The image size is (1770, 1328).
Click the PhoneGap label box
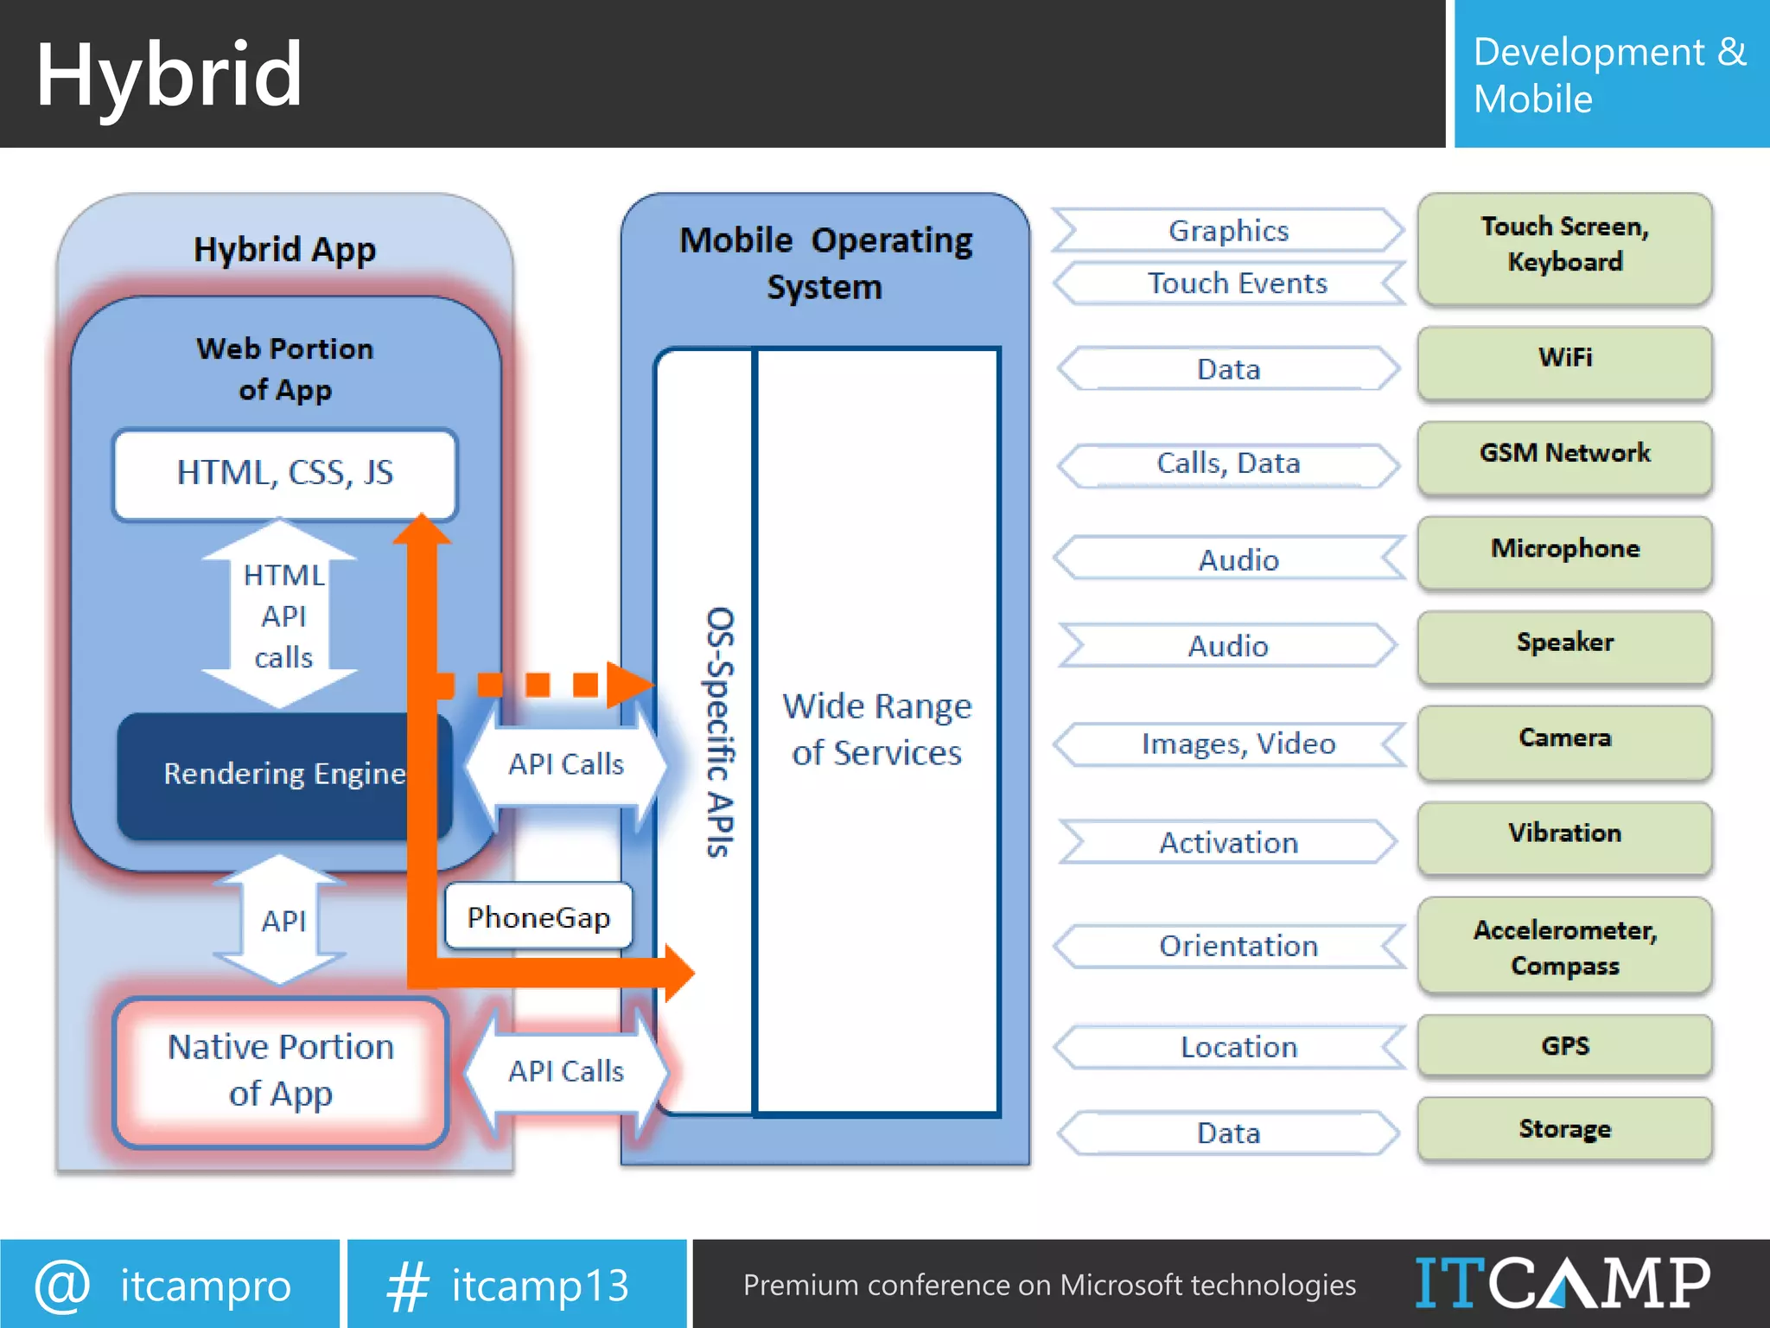coord(538,917)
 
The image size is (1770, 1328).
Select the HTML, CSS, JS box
coord(284,473)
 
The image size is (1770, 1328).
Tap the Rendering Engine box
coord(268,775)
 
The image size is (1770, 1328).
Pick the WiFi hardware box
coord(1564,361)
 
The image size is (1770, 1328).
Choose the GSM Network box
coord(1564,456)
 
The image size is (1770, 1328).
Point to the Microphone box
coord(1564,552)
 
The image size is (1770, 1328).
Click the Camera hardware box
coord(1564,741)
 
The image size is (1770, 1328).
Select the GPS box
coord(1564,1046)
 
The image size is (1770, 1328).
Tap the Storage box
coord(1564,1128)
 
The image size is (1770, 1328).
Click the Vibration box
coord(1564,836)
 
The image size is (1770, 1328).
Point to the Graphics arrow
coord(1228,231)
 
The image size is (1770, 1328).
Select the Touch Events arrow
coord(1237,284)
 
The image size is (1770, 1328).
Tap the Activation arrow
coord(1228,842)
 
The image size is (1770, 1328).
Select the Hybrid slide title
coord(169,75)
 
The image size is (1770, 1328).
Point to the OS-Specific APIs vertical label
coord(720,731)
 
